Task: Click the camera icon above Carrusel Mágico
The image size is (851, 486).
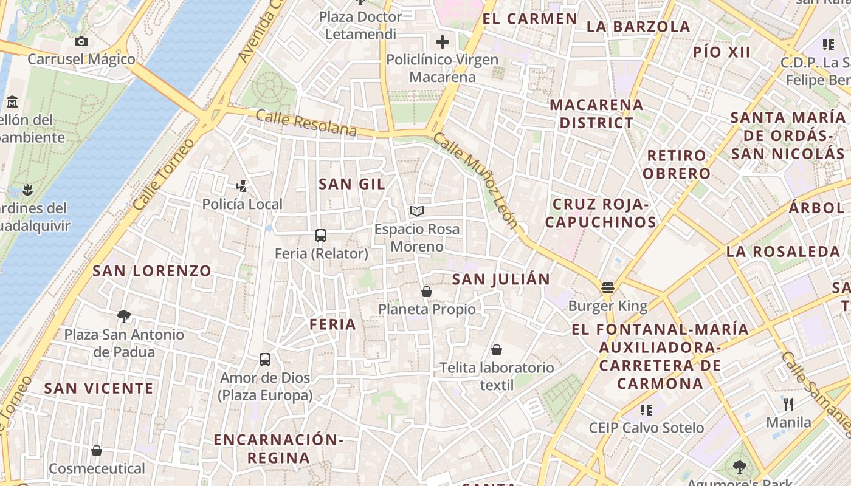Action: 81,41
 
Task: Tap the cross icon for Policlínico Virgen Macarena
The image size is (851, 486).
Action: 443,42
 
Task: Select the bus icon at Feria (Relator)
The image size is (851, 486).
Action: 321,236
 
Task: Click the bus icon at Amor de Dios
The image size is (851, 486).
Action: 265,359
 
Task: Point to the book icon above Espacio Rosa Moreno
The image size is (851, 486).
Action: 416,211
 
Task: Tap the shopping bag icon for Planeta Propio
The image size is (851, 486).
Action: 427,292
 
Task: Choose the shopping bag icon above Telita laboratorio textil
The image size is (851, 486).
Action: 497,350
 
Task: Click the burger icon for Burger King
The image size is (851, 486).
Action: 607,288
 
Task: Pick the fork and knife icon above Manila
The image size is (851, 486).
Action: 788,404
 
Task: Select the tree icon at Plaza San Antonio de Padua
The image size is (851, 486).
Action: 124,316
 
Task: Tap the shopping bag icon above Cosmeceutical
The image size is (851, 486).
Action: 97,451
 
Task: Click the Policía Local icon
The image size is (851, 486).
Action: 243,187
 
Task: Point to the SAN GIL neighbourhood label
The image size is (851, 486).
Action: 352,184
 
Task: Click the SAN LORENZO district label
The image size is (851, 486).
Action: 152,271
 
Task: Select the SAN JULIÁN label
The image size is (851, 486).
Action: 501,279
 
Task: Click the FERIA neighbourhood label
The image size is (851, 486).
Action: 332,324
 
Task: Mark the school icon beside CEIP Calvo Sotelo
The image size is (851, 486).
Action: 646,410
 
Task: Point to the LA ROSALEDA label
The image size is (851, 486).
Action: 783,252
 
